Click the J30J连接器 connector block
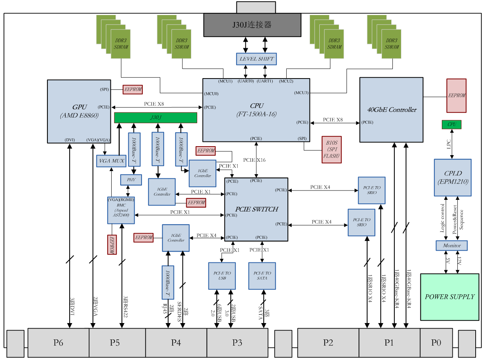(252, 25)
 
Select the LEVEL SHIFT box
(256, 59)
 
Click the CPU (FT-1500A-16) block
(256, 110)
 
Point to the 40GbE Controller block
(391, 110)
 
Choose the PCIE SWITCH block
(256, 209)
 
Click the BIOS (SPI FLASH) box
(331, 149)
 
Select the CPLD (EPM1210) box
(452, 178)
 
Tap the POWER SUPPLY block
(450, 297)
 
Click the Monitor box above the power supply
(451, 246)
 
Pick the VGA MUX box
(111, 161)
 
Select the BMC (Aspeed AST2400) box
(121, 210)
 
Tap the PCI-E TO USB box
(222, 276)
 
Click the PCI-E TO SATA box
(262, 276)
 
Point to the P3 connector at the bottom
(237, 343)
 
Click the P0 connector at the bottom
(436, 343)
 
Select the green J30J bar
(155, 117)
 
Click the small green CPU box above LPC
(452, 125)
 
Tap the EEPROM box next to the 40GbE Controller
(456, 95)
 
